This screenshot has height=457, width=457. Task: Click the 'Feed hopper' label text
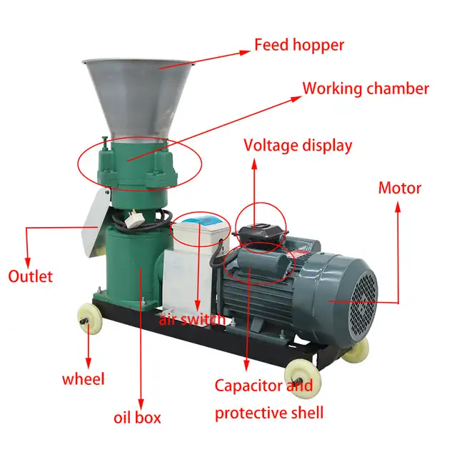tap(299, 45)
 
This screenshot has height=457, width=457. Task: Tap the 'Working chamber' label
tap(366, 89)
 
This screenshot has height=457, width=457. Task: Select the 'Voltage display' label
tap(298, 146)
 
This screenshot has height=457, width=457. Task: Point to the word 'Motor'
tap(400, 189)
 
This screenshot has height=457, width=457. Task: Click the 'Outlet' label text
tap(30, 276)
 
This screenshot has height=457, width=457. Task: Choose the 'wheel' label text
tap(84, 379)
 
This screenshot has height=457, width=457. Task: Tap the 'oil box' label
tap(137, 417)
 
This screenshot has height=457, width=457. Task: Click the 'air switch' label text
tap(192, 319)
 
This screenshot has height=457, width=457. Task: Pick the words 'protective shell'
tap(269, 413)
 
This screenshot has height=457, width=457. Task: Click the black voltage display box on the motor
tap(260, 231)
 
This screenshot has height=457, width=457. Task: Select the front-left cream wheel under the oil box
tap(90, 318)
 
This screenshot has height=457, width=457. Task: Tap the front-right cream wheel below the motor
tap(302, 378)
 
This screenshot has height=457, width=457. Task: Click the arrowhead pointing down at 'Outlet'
tap(27, 263)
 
